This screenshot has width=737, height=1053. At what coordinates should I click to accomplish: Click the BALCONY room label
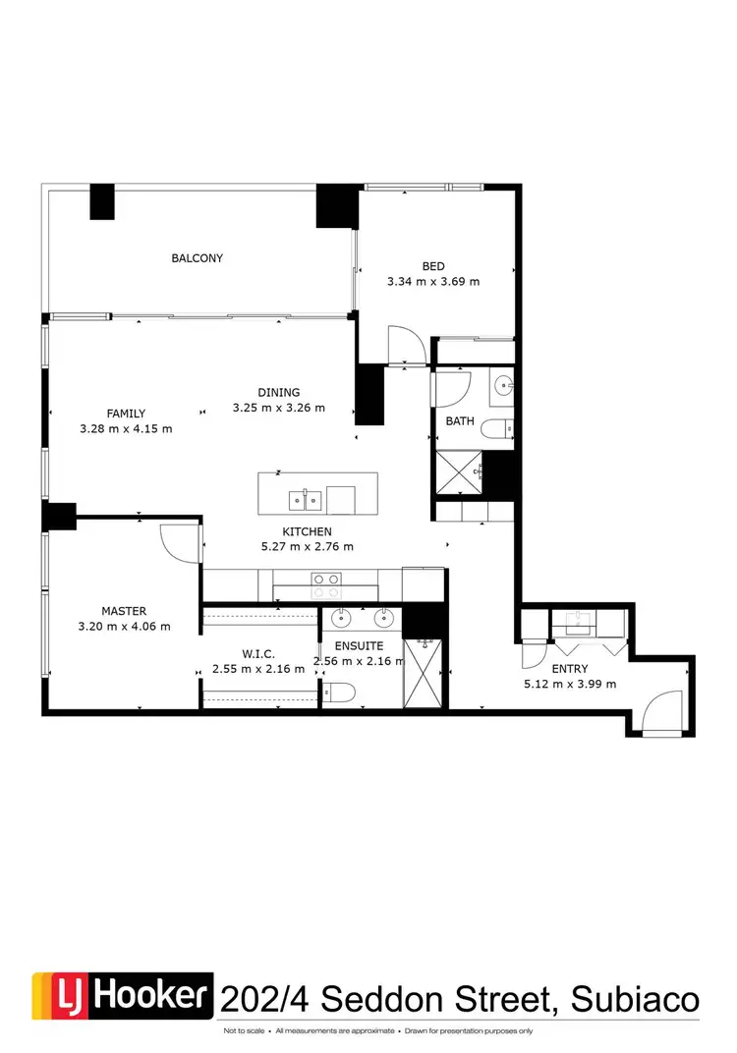point(197,258)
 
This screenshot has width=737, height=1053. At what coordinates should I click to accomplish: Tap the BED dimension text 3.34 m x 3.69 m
point(433,281)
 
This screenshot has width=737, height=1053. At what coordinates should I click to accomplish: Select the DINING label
point(279,392)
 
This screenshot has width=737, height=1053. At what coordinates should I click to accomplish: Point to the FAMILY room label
point(126,414)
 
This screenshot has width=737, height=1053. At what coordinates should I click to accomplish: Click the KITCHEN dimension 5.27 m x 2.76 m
point(308,546)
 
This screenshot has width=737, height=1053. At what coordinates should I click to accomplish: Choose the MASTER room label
point(124,611)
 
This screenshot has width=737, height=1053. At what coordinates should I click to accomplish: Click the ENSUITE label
point(358,646)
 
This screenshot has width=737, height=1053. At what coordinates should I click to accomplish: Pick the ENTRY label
point(570,669)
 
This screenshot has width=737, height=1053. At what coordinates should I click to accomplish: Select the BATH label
point(460,421)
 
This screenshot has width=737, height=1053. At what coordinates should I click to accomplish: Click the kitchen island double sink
point(305,501)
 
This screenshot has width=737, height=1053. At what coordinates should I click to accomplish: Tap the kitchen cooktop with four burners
point(325,585)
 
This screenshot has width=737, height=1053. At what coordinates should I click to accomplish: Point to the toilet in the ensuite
point(340,693)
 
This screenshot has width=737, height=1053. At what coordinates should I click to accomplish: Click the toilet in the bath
point(503,427)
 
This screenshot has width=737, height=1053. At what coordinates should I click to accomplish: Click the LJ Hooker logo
point(123,998)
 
